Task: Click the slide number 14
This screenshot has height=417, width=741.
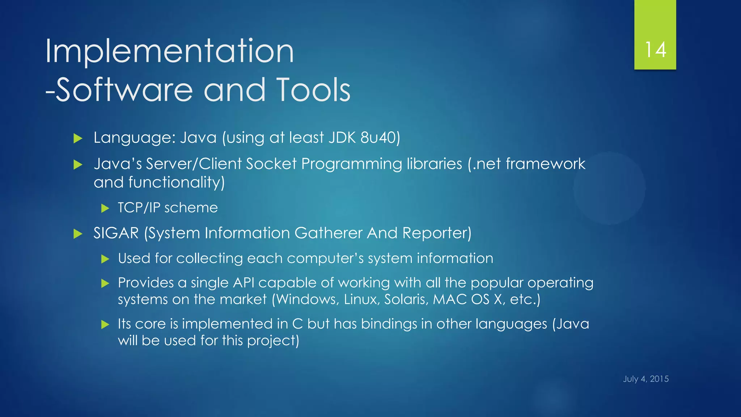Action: pos(655,50)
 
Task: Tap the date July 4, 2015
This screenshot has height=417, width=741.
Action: pos(645,379)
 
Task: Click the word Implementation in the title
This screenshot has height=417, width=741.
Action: pos(169,51)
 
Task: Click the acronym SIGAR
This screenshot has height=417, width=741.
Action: pos(116,233)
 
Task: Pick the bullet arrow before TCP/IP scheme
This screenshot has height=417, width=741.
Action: pos(105,208)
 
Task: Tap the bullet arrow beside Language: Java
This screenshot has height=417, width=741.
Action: pos(78,138)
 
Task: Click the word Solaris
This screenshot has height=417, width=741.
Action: pos(406,300)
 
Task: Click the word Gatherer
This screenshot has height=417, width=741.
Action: pos(328,233)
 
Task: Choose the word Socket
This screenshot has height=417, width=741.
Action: pos(271,164)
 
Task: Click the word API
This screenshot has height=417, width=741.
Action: pos(244,283)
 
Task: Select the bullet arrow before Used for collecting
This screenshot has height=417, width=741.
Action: pos(105,259)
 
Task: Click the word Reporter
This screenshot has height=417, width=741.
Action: pos(436,233)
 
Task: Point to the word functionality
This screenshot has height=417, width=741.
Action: pos(176,182)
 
